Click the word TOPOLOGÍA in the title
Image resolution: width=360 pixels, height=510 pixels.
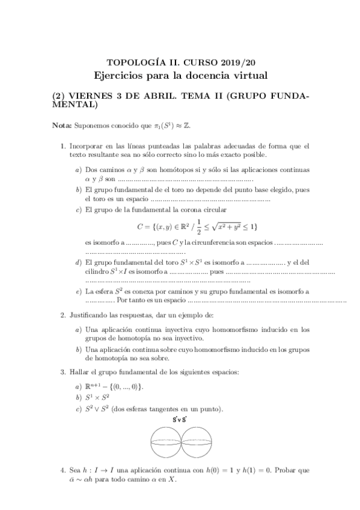pos(130,62)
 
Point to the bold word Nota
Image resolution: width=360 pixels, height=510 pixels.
pos(62,126)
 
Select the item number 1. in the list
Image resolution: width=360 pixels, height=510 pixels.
pos(63,146)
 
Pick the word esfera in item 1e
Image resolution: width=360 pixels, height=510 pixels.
pos(104,291)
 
